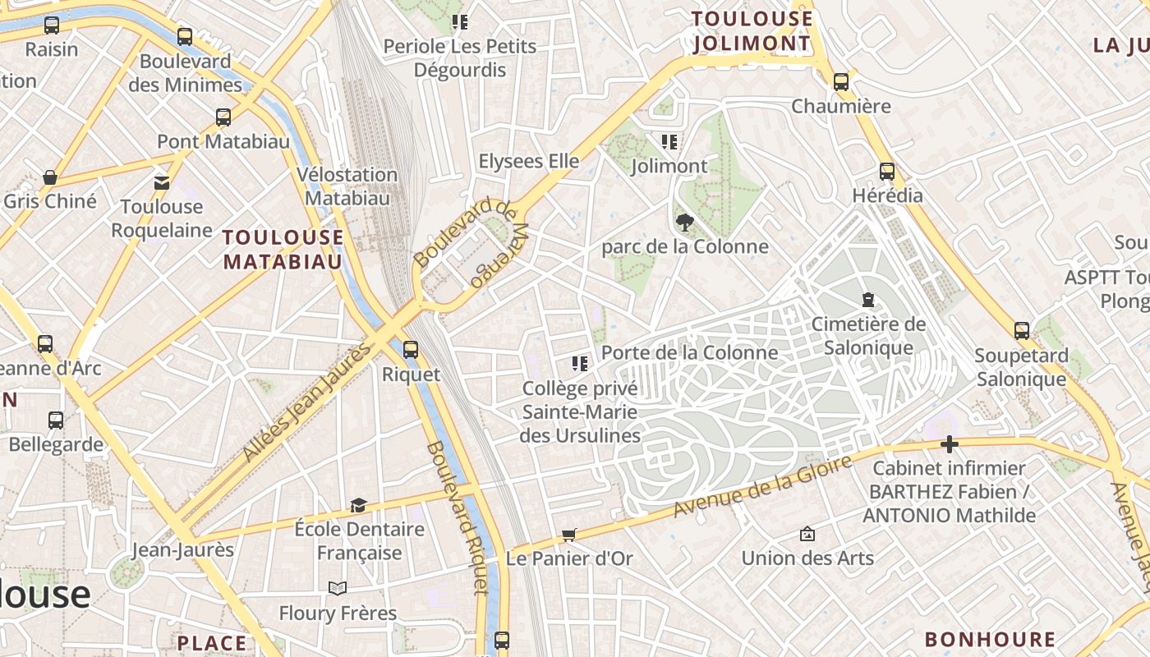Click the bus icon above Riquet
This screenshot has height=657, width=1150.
click(411, 350)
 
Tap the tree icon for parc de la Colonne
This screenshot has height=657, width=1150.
click(683, 222)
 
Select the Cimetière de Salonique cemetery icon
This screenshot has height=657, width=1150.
click(868, 300)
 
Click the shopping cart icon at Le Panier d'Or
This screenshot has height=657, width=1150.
click(568, 535)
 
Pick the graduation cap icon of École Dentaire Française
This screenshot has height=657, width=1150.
click(358, 504)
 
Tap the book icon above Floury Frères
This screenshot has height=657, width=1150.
click(337, 588)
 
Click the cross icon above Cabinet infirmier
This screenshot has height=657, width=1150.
click(950, 444)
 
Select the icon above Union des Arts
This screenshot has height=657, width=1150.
click(807, 534)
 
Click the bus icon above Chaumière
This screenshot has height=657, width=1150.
click(840, 82)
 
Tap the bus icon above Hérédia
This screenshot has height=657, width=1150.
click(887, 172)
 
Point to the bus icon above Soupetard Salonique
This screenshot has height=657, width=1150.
click(1021, 331)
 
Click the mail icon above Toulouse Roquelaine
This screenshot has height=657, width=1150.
click(162, 182)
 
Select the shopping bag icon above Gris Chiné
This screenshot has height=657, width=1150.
click(50, 177)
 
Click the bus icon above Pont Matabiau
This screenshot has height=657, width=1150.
click(223, 117)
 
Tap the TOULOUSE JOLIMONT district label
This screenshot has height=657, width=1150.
click(752, 31)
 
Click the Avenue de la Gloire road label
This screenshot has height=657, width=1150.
click(762, 488)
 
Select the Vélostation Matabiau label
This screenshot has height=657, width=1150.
click(347, 186)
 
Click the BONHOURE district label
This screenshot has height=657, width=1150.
click(990, 639)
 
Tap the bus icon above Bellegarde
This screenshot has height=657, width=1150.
click(56, 420)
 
